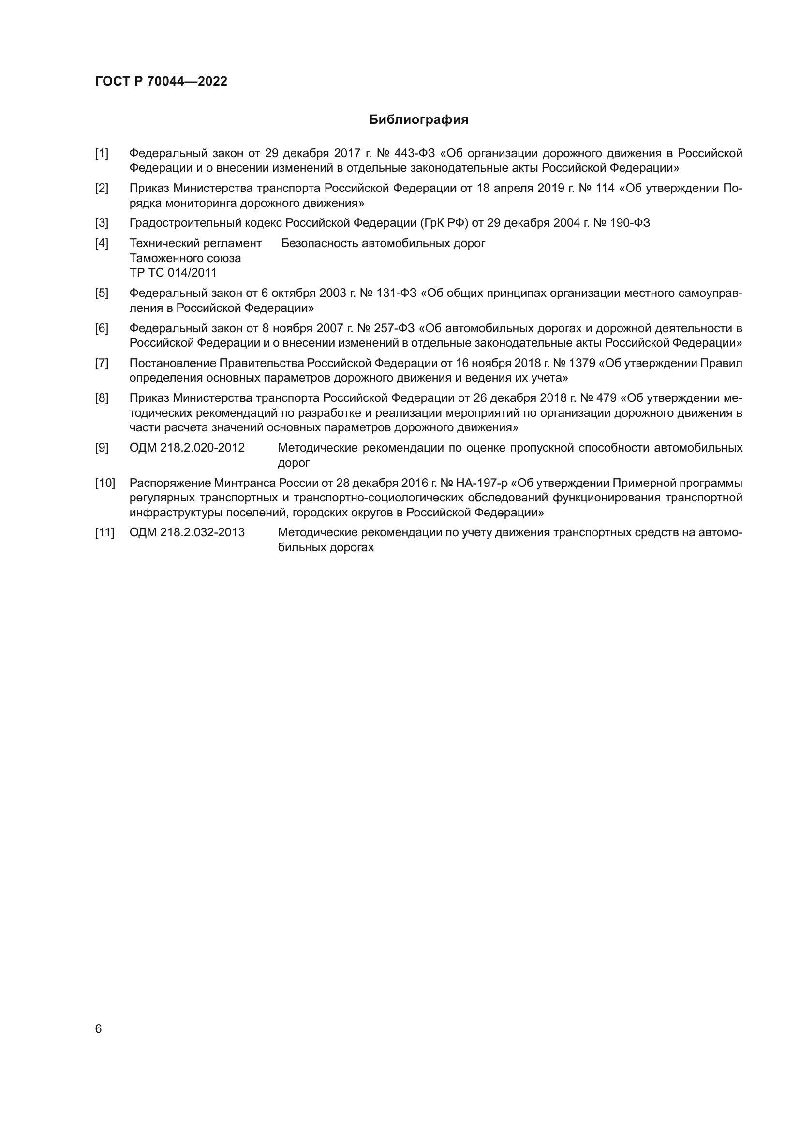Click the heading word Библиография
click(418, 120)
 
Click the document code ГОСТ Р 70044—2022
click(161, 82)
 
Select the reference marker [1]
click(102, 154)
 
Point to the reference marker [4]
click(102, 243)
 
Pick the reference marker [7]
click(102, 364)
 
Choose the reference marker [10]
click(105, 483)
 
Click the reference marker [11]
click(104, 533)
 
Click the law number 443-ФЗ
click(415, 154)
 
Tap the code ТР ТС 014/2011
click(173, 273)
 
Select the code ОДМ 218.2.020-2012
click(187, 448)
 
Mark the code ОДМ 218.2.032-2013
click(187, 533)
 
